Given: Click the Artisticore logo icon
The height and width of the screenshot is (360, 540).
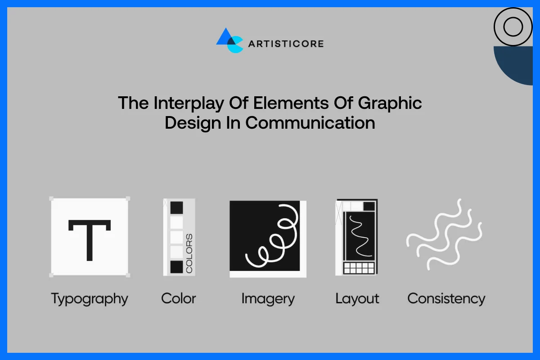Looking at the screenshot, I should point(229,40).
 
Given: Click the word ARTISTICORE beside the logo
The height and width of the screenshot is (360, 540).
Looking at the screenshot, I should point(286,44).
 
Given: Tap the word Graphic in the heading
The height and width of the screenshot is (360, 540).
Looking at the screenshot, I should point(390,103).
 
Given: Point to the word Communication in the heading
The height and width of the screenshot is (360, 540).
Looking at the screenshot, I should point(310,123).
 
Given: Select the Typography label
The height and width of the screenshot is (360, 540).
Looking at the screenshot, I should point(90,299).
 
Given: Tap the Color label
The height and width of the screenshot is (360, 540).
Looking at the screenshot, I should point(179,298).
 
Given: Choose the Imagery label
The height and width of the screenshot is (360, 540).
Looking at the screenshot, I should point(268,299).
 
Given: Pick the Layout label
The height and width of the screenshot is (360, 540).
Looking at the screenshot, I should point(357,299).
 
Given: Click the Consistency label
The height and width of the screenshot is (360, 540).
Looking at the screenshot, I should point(446,298).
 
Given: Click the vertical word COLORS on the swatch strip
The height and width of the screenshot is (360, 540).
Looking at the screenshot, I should point(189,253).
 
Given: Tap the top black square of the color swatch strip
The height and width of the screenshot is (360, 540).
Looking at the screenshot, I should point(177,208).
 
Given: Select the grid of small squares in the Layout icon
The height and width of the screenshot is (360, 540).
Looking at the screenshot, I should point(359,268).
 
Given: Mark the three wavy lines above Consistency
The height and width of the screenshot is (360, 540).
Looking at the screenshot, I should point(444,234).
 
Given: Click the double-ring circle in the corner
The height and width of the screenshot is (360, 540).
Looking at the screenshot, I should point(513,27).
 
